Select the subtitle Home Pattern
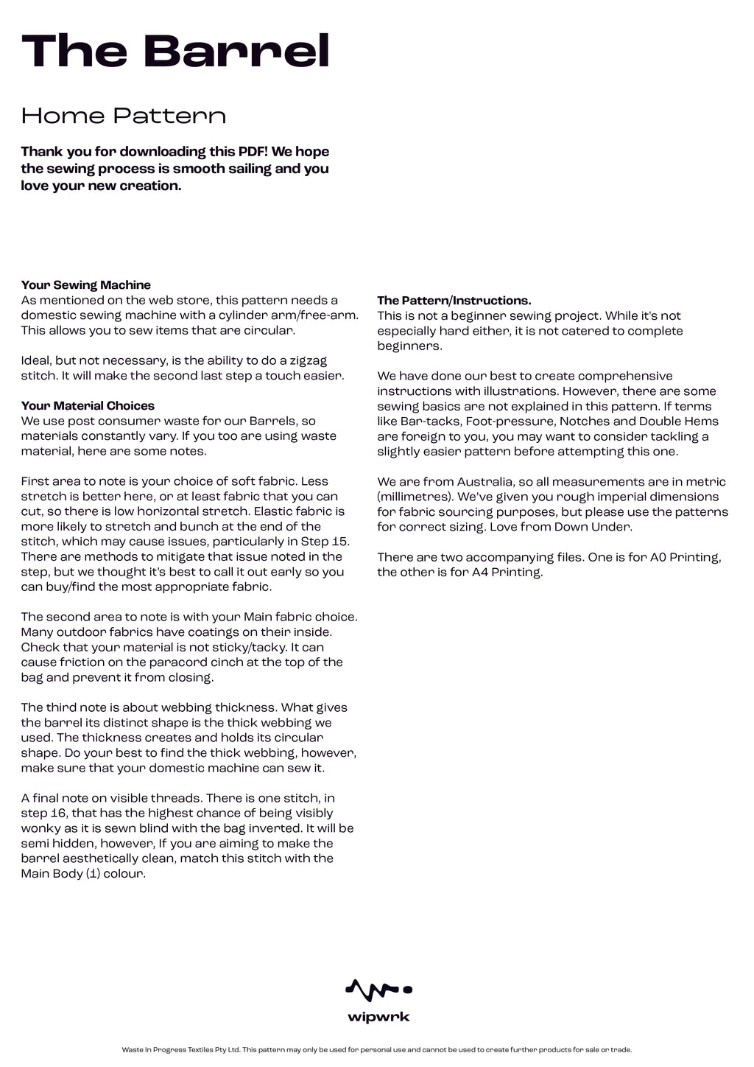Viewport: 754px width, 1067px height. [x=123, y=116]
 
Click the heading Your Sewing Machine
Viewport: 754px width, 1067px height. [x=85, y=285]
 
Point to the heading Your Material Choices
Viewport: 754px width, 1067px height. [x=88, y=406]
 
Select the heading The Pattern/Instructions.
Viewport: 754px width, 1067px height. [x=454, y=301]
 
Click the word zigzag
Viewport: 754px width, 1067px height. [x=306, y=361]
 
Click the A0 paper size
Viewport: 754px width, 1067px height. [x=658, y=557]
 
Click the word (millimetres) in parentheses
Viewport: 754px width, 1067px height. [x=418, y=497]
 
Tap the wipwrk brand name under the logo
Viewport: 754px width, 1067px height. [x=378, y=1018]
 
